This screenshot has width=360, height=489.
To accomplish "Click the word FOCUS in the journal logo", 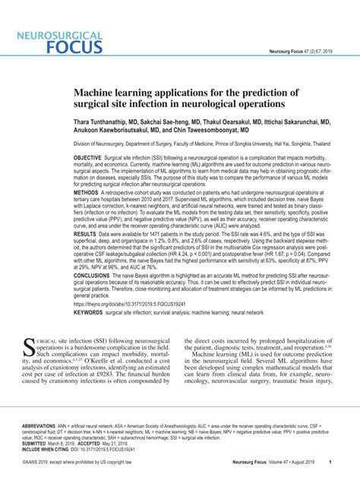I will coord(74,46).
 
